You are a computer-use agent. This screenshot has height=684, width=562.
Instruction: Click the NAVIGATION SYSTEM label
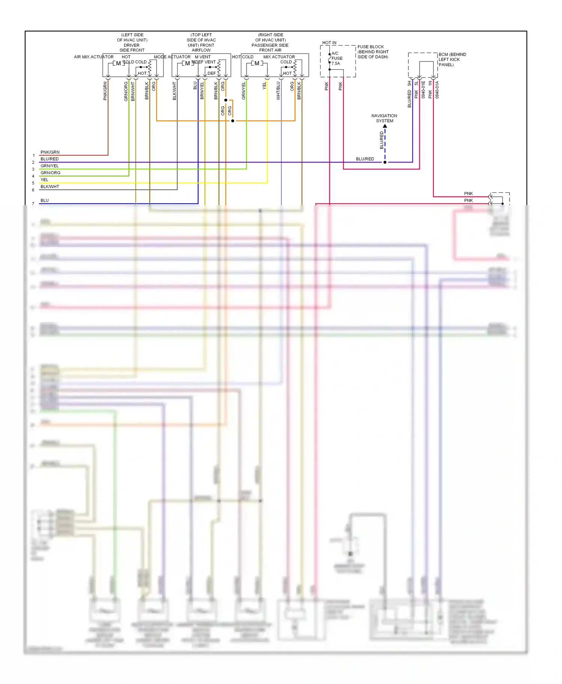pos(384,118)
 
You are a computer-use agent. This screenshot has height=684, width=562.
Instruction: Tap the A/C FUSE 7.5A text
pos(336,58)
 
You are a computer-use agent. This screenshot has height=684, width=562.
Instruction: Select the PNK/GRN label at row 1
pos(50,152)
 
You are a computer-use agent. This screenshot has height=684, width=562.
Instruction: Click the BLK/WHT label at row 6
pos(49,187)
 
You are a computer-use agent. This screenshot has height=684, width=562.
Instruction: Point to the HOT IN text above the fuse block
pos(329,43)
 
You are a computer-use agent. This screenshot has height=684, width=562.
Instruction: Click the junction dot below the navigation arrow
pos(385,162)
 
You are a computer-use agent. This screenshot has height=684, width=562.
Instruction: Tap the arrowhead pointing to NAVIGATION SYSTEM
pos(385,126)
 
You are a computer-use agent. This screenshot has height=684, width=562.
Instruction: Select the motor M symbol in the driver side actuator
pos(118,63)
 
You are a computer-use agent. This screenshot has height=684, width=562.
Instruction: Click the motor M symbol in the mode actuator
pos(188,63)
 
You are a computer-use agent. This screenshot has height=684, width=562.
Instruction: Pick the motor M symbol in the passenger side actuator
pos(257,63)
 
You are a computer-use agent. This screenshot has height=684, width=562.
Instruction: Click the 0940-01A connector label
pos(437,90)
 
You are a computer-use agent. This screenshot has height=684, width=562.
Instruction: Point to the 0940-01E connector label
pos(423,90)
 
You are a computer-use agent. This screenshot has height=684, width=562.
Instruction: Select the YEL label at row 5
pos(44,180)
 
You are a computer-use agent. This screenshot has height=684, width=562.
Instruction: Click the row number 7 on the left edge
pos(33,204)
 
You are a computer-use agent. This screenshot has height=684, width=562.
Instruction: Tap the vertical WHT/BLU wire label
pos(278,91)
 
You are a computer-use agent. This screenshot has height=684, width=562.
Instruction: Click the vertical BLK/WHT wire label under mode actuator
pos(174,91)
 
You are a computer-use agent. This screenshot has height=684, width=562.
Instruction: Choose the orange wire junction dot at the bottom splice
pos(233,121)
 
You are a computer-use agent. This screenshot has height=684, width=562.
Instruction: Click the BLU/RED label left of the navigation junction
pos(365,159)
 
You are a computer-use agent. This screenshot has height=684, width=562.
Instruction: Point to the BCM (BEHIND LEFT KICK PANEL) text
pos(452,59)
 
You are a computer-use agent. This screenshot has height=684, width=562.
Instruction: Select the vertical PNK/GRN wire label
pos(105,91)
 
